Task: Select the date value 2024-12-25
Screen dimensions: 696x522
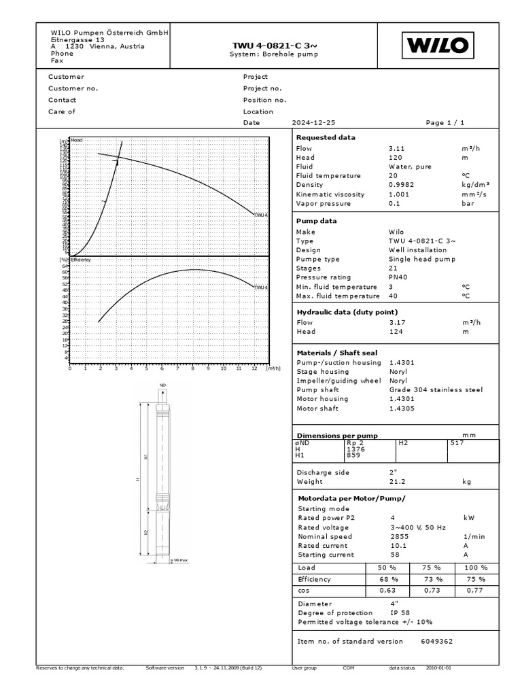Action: point(313,123)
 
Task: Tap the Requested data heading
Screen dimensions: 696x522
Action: point(326,137)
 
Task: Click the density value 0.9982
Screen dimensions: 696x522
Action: point(401,184)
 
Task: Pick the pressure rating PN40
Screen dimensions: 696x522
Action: point(399,277)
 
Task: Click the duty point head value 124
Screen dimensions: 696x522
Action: point(396,332)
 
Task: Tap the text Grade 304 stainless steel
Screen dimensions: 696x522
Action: point(435,390)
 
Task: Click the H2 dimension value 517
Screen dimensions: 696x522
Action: point(457,442)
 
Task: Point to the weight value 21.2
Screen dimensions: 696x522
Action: point(397,482)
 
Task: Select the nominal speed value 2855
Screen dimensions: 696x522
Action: point(399,537)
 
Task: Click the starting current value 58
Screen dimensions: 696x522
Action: point(394,555)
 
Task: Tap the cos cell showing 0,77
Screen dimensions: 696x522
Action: point(475,591)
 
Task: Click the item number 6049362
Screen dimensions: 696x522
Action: point(436,641)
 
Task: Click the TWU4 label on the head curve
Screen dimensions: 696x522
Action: point(261,215)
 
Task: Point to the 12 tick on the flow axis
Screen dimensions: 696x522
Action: point(254,369)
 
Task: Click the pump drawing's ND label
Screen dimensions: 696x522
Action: point(162,386)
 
